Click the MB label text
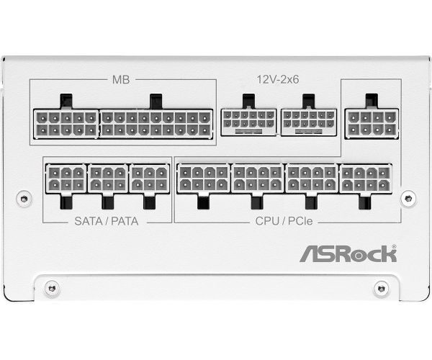tap(121, 80)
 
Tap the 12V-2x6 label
tap(278, 80)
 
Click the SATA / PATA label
tap(107, 222)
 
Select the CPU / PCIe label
tap(284, 221)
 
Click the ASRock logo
tap(348, 253)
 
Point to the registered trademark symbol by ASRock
tap(395, 246)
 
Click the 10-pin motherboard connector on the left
tap(66, 124)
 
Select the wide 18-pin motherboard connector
tap(156, 124)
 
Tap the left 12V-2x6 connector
tap(248, 122)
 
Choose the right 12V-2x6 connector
tap(309, 122)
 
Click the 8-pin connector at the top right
tap(372, 123)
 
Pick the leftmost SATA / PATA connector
tap(66, 179)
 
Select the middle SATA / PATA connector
tap(108, 179)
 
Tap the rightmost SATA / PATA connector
tap(150, 179)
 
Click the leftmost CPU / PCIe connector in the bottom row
tap(204, 179)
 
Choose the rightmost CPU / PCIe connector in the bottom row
tap(366, 179)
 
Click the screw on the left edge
tap(24, 198)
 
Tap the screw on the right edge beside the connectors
tap(408, 198)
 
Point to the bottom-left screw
tap(52, 289)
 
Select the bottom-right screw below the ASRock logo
tap(382, 289)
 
